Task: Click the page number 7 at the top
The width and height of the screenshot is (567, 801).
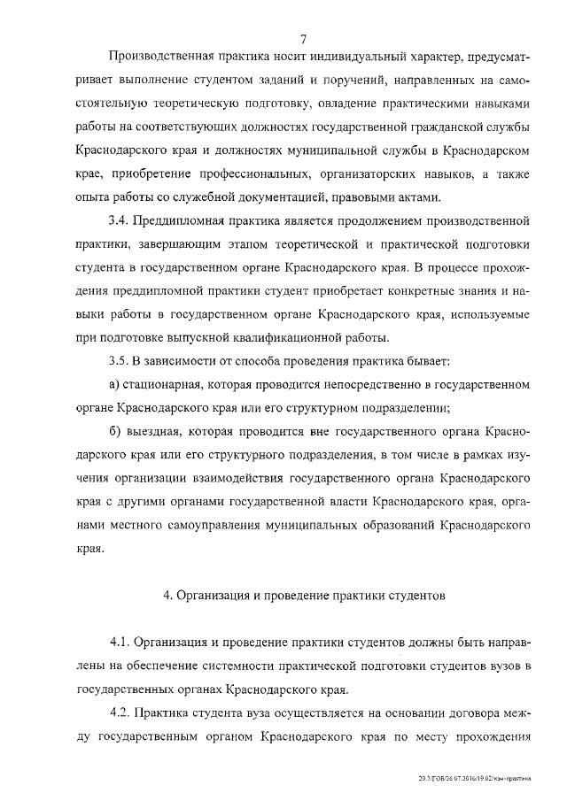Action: click(x=303, y=38)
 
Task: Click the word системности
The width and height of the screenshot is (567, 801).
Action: click(x=237, y=665)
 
